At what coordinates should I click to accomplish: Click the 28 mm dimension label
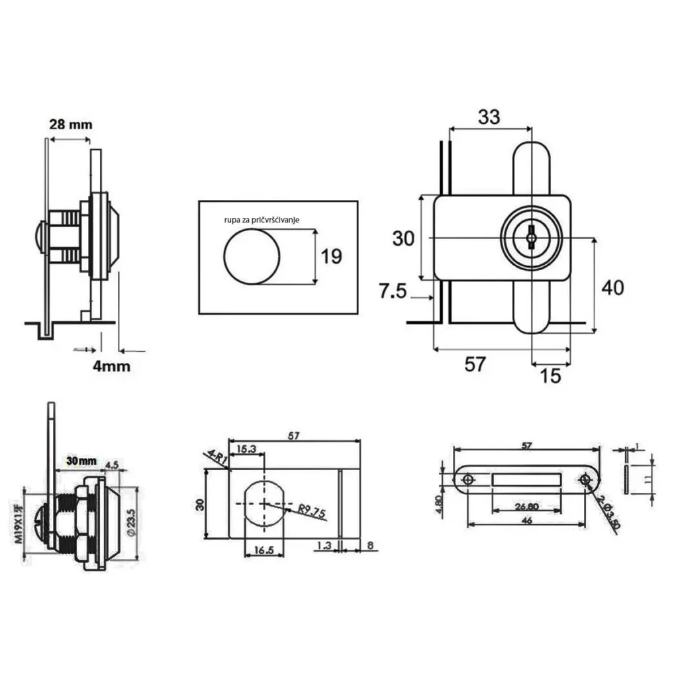coord(70,124)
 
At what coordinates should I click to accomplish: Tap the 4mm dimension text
coord(111,365)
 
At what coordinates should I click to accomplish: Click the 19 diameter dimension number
coord(332,256)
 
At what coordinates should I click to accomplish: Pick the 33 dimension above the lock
coord(489,117)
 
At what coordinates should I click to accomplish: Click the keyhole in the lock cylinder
coord(531,237)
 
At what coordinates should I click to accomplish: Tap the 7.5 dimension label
coord(393,291)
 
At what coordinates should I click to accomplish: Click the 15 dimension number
coord(550,375)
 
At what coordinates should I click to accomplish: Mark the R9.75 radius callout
coord(311,510)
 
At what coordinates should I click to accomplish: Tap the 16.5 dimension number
coord(264,550)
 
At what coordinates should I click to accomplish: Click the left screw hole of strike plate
coord(468,479)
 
